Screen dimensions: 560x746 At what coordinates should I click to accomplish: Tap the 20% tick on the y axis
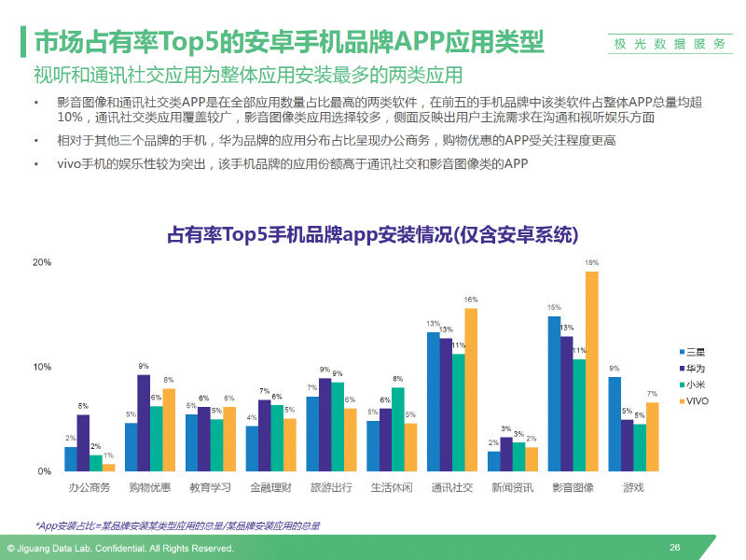pos(42,262)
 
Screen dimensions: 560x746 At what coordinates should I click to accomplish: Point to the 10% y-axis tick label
pos(42,367)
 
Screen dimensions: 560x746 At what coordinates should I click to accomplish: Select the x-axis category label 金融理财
pos(271,488)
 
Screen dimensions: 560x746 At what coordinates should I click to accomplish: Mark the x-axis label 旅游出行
pos(332,488)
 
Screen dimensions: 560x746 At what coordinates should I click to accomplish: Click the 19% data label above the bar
pos(592,263)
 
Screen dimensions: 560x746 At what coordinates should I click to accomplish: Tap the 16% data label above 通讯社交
pos(471,300)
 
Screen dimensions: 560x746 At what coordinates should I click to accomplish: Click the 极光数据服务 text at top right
pos(670,44)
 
